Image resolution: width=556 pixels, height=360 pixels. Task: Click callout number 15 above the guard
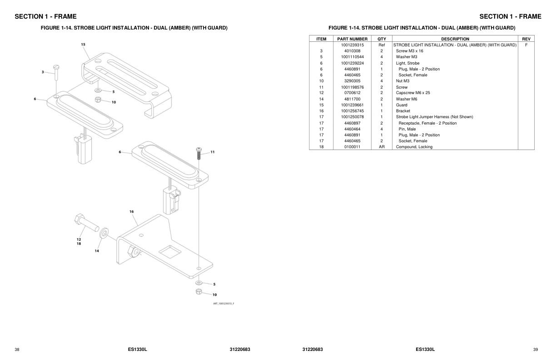pyautogui.click(x=83, y=45)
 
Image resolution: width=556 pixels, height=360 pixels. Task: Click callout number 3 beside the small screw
pyautogui.click(x=43, y=72)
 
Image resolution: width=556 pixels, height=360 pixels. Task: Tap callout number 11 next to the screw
pyautogui.click(x=213, y=152)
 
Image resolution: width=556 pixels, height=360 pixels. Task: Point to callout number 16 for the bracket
pyautogui.click(x=131, y=211)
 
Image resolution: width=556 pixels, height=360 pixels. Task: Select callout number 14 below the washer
pyautogui.click(x=97, y=251)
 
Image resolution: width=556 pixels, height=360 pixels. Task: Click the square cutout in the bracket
pyautogui.click(x=170, y=250)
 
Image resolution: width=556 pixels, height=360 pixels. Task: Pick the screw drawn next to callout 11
pyautogui.click(x=199, y=154)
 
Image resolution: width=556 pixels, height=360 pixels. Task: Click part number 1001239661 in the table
pyautogui.click(x=352, y=105)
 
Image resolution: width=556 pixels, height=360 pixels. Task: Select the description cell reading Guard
pyautogui.click(x=402, y=105)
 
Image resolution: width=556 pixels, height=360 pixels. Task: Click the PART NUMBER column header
pyautogui.click(x=352, y=39)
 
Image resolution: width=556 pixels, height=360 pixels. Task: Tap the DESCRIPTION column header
pyautogui.click(x=455, y=39)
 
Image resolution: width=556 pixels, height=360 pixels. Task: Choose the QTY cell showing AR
pyautogui.click(x=382, y=147)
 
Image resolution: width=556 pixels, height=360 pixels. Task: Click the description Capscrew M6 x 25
pyautogui.click(x=412, y=93)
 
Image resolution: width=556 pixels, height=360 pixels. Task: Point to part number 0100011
pyautogui.click(x=352, y=147)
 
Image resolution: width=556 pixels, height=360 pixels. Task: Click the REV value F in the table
pyautogui.click(x=526, y=45)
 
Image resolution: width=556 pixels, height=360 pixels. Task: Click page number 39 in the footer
pyautogui.click(x=535, y=350)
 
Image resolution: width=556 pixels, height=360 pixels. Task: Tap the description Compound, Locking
pyautogui.click(x=414, y=147)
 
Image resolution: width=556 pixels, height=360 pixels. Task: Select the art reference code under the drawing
pyautogui.click(x=223, y=304)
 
